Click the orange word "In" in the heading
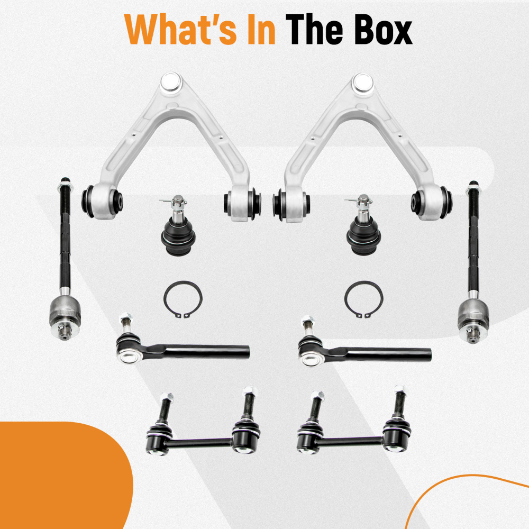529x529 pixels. point(261,29)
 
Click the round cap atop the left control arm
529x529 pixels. point(171,81)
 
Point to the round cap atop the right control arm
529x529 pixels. point(362,83)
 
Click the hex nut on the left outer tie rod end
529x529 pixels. point(125,317)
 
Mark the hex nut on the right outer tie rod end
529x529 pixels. point(308,320)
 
